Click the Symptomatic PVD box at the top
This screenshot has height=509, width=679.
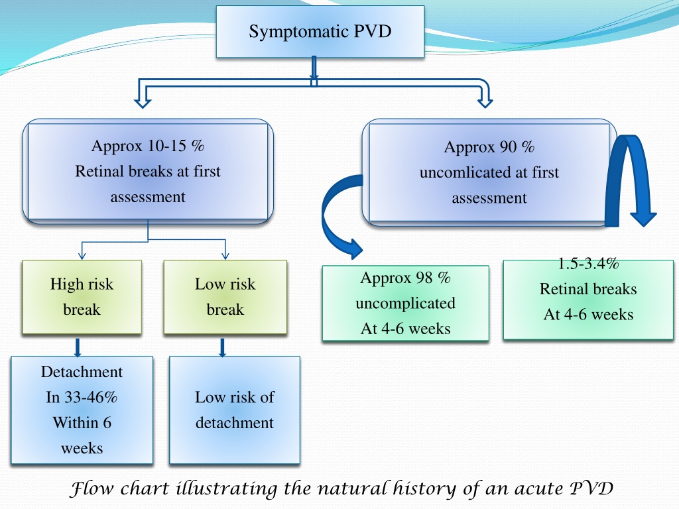[320, 31]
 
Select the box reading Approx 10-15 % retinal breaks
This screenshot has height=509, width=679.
[148, 172]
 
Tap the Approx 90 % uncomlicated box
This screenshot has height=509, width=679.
[489, 172]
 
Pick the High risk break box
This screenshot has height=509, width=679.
[82, 297]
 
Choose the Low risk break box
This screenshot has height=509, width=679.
[225, 297]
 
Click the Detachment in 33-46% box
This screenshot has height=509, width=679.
[82, 410]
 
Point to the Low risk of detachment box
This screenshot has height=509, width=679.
[234, 410]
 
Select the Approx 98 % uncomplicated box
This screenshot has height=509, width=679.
[405, 303]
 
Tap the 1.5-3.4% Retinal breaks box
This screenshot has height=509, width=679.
[588, 300]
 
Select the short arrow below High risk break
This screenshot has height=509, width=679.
[78, 347]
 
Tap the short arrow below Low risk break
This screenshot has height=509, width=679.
[223, 347]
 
